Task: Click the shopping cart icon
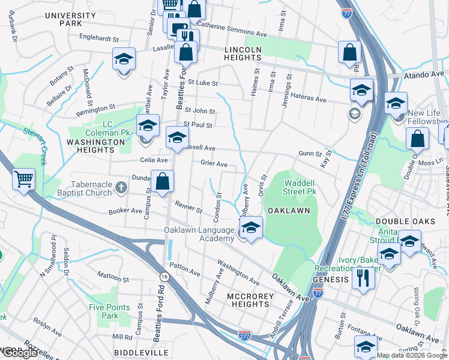23,179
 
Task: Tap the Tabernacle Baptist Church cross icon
121,187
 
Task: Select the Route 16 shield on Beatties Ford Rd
164,276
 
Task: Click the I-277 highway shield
244,335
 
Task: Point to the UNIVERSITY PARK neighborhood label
70,19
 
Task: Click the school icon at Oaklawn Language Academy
251,227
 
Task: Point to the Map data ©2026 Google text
411,355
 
